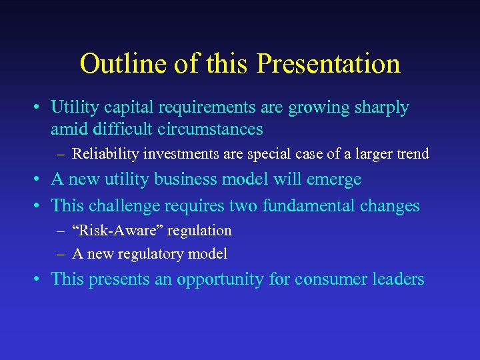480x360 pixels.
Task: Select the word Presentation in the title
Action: click(328, 64)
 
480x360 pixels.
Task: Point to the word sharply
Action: click(381, 108)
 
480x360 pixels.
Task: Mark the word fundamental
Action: click(309, 205)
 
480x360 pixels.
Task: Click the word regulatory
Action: click(149, 254)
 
